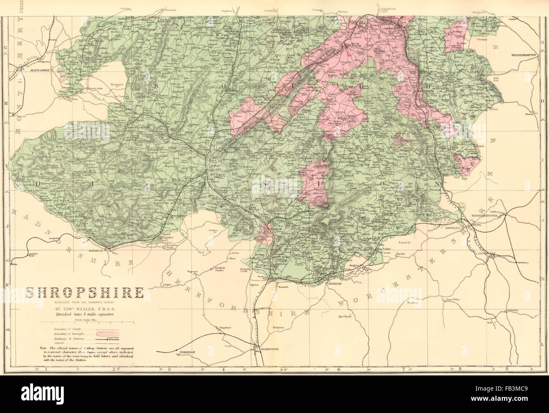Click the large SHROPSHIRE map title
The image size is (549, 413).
(85, 293)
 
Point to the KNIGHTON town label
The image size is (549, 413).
(108, 250)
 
